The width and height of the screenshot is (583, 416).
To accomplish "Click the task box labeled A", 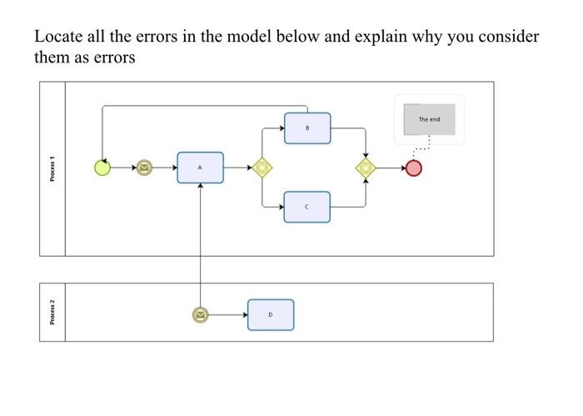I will pos(200,168).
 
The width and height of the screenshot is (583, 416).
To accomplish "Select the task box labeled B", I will pos(307,128).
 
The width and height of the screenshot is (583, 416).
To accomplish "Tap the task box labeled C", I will pos(306,207).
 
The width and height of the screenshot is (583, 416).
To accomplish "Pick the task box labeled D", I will pos(270,315).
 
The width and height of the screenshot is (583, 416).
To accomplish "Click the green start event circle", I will pos(102,168).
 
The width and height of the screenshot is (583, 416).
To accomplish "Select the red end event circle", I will pos(413,168).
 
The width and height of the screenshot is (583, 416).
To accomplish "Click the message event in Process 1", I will pos(143,168).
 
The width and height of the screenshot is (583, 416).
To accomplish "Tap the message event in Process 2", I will pos(200,315).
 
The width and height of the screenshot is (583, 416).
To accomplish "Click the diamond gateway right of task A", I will pos(262,168).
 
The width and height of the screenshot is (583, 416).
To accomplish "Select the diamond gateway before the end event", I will pos(366,168).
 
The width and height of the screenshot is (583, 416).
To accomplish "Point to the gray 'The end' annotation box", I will pos(429,119).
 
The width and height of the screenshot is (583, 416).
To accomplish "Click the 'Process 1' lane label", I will pos(52,168).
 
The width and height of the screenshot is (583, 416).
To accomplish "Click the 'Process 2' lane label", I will pos(52,312).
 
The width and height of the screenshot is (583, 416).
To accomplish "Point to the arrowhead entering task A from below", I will pos(200,187).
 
